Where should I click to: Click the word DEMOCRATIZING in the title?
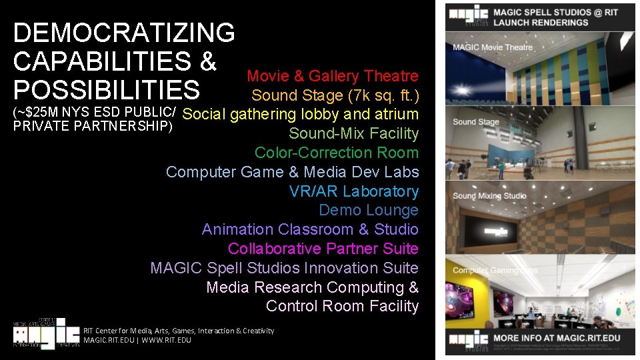pyautogui.click(x=124, y=33)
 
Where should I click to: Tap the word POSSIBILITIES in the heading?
pyautogui.click(x=106, y=90)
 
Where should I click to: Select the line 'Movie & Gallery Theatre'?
pyautogui.click(x=333, y=77)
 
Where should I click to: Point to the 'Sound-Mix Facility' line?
pyautogui.click(x=353, y=133)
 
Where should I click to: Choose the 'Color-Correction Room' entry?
pyautogui.click(x=337, y=153)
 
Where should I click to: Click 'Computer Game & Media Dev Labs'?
pyautogui.click(x=292, y=172)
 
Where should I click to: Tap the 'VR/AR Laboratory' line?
pyautogui.click(x=354, y=191)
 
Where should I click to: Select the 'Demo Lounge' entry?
pyautogui.click(x=369, y=210)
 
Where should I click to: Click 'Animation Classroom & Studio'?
pyautogui.click(x=310, y=229)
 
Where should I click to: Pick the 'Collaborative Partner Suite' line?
pyautogui.click(x=323, y=249)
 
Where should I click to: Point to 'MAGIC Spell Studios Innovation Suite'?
pyautogui.click(x=285, y=268)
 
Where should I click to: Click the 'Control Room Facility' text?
pyautogui.click(x=342, y=306)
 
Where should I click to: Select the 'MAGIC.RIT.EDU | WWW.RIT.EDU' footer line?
pyautogui.click(x=137, y=340)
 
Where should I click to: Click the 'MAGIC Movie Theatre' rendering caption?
pyautogui.click(x=493, y=47)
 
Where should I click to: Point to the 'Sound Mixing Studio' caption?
pyautogui.click(x=489, y=196)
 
